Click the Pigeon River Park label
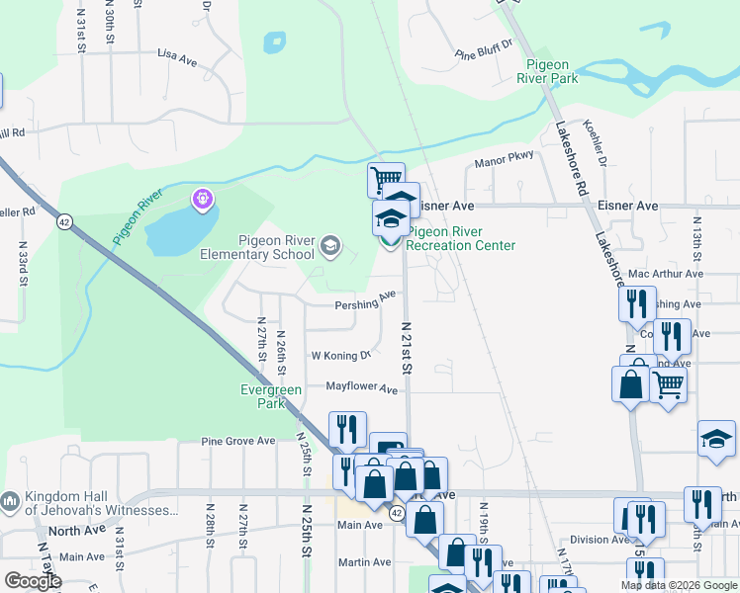(552, 70)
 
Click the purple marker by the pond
(204, 200)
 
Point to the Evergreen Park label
(271, 396)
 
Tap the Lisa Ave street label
(177, 58)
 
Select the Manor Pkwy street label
(504, 158)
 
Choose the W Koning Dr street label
(340, 355)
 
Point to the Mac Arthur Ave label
(665, 274)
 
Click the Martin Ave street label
(364, 562)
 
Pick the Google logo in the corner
(33, 581)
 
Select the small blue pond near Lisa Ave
(274, 42)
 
